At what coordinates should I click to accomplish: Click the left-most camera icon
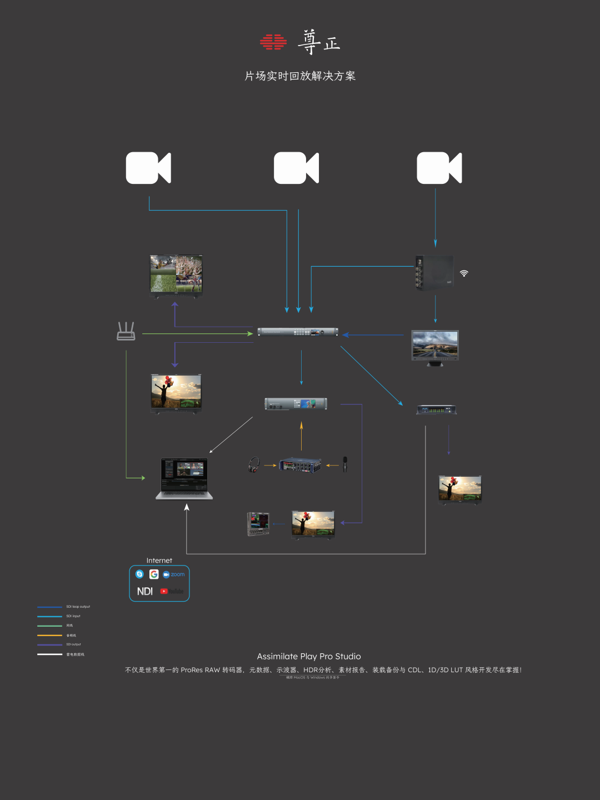point(148,168)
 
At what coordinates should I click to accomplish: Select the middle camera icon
point(296,168)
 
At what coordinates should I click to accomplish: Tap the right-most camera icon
point(439,168)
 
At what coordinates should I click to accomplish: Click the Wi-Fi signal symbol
point(464,273)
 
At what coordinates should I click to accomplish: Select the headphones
point(254,464)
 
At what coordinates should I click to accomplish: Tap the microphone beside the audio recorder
point(345,464)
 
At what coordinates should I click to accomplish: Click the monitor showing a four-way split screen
point(176,276)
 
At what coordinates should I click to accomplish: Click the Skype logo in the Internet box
point(139,574)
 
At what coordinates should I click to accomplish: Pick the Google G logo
point(154,574)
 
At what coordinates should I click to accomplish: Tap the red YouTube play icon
point(164,591)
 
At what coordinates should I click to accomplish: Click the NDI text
point(145,591)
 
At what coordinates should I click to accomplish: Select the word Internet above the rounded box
point(159,561)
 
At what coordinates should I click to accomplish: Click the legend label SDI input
point(73,616)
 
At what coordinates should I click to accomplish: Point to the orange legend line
point(49,635)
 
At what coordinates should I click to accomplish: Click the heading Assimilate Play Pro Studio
point(309,657)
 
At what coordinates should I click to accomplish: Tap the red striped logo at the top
point(273,42)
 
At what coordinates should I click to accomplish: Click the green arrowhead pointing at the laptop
point(143,478)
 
